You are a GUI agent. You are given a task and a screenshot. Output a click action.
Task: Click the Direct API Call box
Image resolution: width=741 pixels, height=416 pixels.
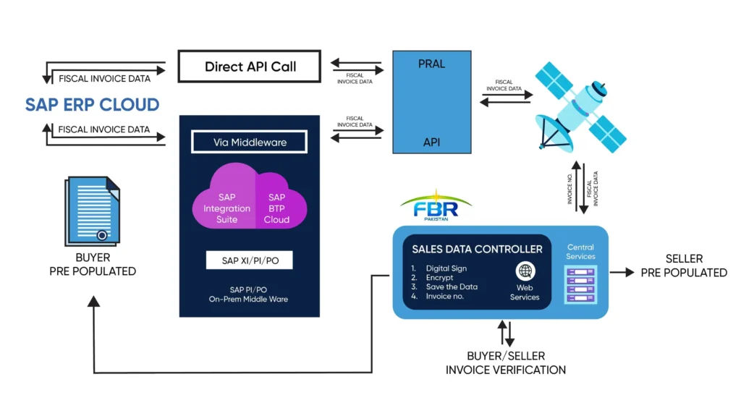point(250,67)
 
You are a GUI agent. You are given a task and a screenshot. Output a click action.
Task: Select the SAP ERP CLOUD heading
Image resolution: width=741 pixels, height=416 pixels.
point(92,104)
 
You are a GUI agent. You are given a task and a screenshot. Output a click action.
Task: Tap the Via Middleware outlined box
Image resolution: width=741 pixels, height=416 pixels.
point(250,142)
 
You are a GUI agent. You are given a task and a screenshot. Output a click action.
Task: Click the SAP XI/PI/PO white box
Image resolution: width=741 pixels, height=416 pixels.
point(249,260)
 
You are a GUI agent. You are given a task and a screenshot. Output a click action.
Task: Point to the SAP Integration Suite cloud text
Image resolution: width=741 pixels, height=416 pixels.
point(226,208)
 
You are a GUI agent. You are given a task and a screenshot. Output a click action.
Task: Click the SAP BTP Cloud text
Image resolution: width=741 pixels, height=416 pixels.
point(276,208)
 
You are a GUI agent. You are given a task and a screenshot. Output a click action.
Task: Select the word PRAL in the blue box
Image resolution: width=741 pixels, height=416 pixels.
point(431,64)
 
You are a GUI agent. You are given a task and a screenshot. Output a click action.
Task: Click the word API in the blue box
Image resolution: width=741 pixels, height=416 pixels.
point(431,143)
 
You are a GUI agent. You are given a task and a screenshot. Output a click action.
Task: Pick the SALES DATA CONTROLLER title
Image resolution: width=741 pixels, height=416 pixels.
point(477,249)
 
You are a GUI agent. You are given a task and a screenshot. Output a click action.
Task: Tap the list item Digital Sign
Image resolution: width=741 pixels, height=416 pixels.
point(444,268)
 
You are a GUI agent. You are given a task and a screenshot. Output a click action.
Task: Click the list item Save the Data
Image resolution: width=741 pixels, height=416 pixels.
point(451,286)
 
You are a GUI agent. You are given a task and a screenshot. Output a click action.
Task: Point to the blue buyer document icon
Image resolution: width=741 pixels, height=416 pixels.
point(92,211)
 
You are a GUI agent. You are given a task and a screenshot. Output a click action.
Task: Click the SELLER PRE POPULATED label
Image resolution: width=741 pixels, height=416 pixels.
point(684,266)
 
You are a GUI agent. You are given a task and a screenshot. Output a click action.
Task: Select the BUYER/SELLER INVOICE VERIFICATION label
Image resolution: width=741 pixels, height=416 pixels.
point(505,363)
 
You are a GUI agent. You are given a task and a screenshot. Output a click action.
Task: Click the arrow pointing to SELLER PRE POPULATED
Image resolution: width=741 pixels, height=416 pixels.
point(621,272)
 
